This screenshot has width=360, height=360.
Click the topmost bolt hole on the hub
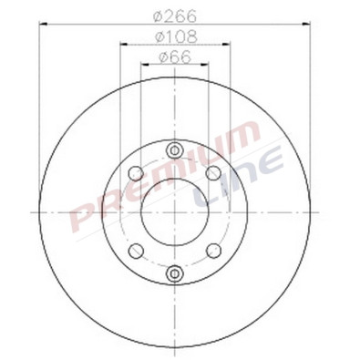coord(174,151)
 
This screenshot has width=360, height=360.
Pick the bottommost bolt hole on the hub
coord(174,272)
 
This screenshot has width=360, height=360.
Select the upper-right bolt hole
coord(213,172)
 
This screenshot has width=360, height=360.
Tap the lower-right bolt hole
coord(213,250)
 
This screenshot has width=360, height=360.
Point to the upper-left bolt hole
coord(135,172)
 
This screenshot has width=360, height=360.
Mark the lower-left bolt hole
coord(135,250)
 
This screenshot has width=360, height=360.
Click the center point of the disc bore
coord(174,211)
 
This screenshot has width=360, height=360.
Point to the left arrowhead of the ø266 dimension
coord(42,25)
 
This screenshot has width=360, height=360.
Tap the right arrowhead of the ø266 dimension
coord(308,25)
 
